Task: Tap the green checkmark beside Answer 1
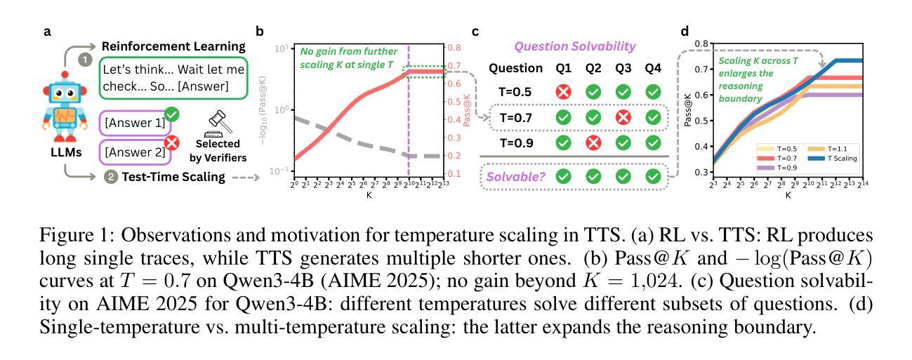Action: [171, 115]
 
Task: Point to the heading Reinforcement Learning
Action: [173, 46]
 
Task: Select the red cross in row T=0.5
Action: [562, 92]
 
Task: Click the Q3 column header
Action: [623, 68]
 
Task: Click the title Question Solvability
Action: [574, 46]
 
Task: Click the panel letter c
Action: [475, 32]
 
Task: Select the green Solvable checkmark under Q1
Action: [562, 176]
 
